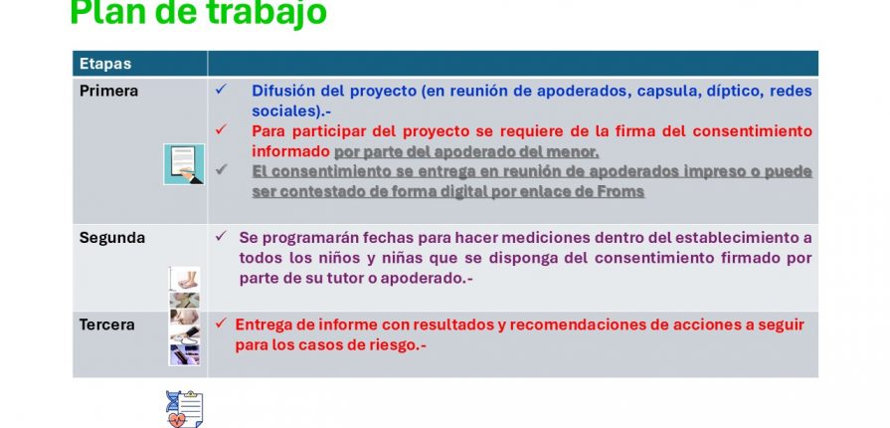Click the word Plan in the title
click(x=106, y=13)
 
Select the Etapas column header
click(x=105, y=64)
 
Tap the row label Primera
click(x=109, y=91)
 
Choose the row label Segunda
click(x=112, y=238)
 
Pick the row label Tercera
click(x=107, y=325)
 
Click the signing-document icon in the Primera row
click(x=184, y=164)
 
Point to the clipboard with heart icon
click(x=185, y=409)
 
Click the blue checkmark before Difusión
click(x=221, y=90)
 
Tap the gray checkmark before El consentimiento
click(x=221, y=169)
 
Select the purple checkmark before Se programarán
click(x=221, y=236)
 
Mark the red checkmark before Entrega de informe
click(x=221, y=323)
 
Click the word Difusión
click(x=282, y=91)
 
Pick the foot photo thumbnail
click(x=185, y=279)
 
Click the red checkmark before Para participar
click(x=221, y=129)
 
